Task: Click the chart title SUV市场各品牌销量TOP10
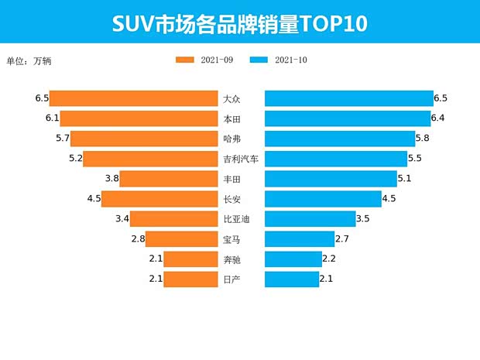tap(239, 24)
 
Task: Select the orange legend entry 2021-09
tap(205, 60)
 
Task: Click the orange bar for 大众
tap(133, 98)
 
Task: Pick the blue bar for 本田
tap(348, 118)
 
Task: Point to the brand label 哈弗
tap(231, 139)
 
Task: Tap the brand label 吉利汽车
tap(241, 159)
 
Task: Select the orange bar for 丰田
tap(168, 179)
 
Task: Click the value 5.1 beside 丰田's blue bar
tap(405, 179)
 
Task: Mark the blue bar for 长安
tap(324, 199)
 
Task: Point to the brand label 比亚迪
tap(236, 219)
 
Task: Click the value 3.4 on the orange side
tap(122, 219)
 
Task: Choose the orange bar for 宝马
tap(182, 239)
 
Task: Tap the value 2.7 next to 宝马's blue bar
tap(342, 239)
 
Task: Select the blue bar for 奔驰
tap(293, 259)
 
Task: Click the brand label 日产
tap(231, 279)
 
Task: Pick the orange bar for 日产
tap(190, 279)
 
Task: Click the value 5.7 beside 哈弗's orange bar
tap(63, 139)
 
